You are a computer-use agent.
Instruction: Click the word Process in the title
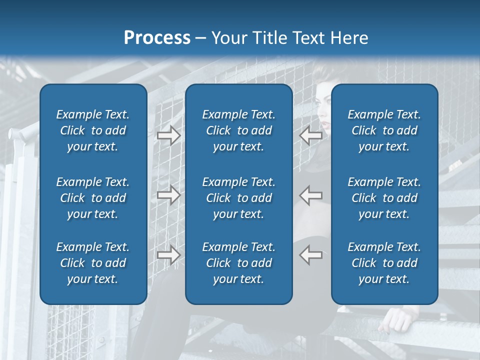point(157,38)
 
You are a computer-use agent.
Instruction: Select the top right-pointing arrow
point(168,135)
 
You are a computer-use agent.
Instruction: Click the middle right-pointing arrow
point(168,195)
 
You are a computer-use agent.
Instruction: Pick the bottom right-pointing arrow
point(168,255)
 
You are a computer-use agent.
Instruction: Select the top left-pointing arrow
point(311,135)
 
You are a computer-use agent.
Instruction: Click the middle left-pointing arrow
point(311,195)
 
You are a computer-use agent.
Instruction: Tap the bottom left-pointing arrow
point(311,255)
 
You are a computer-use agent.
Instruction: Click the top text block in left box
point(93,130)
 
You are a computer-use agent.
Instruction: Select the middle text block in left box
point(93,198)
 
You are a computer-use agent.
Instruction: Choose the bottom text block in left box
point(93,263)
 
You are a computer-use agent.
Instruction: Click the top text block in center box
point(238,130)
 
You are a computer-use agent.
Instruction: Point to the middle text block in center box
point(238,198)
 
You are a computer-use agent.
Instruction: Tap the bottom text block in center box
point(238,263)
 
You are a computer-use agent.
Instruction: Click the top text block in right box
point(384,130)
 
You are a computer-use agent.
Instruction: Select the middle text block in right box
point(384,198)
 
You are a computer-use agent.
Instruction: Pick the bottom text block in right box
point(384,263)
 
